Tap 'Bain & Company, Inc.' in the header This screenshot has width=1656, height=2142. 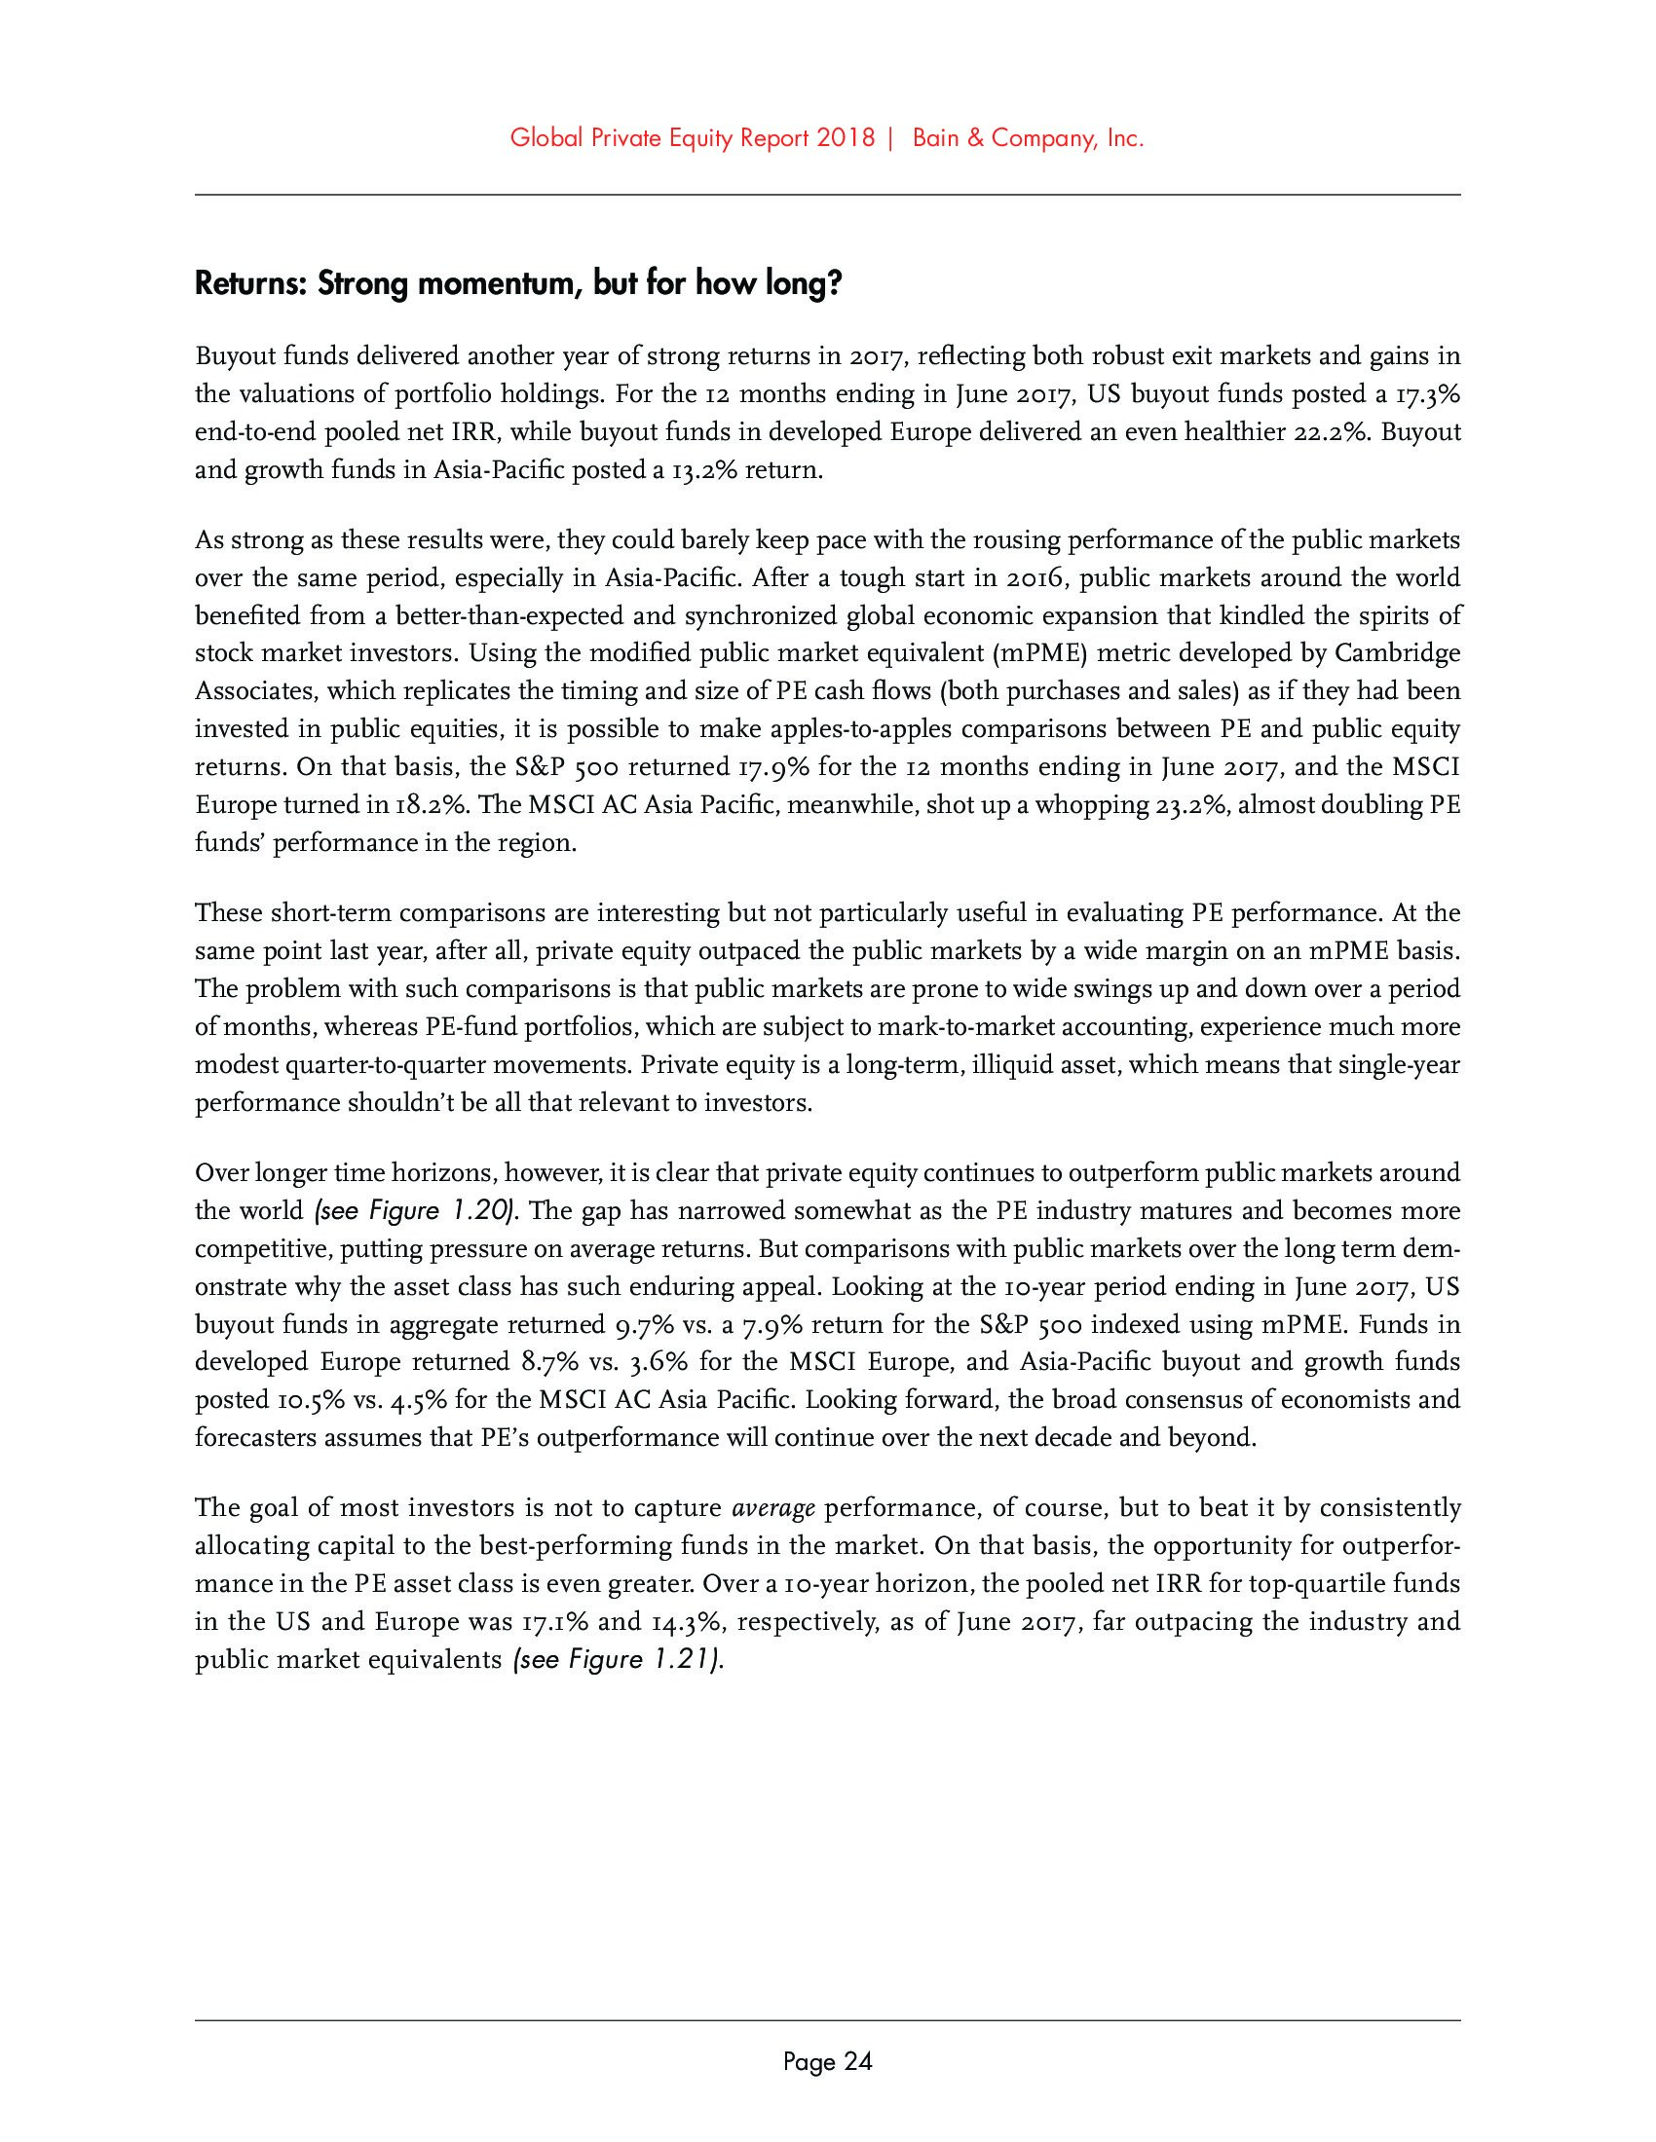pos(1028,139)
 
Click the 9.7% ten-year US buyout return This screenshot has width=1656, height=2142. pos(643,1326)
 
